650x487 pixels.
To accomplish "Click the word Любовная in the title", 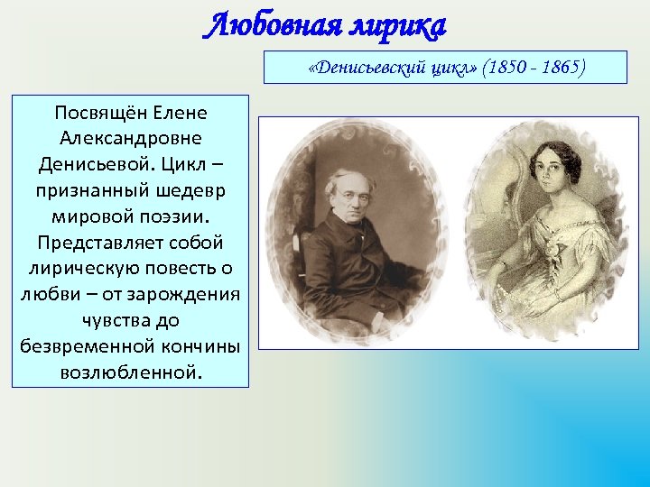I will pos(270,26).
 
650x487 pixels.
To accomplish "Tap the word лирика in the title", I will pos(395,26).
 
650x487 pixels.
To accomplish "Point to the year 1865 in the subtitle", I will pos(560,68).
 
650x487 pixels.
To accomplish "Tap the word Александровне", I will pos(130,140).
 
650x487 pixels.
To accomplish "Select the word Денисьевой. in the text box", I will pos(88,166).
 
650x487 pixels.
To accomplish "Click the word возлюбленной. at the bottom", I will pos(130,372).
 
